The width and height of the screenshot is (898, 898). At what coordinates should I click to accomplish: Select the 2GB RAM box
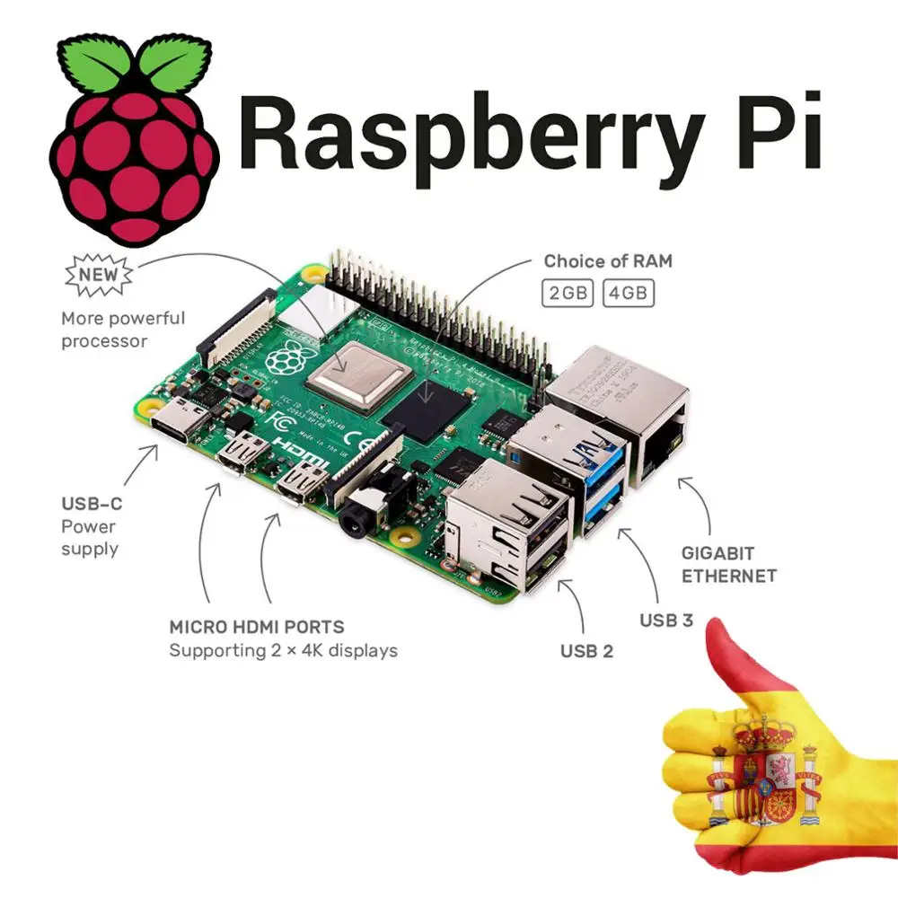pos(568,294)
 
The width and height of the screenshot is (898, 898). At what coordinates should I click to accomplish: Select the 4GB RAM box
pos(628,294)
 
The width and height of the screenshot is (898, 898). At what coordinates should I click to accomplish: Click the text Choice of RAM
pos(608,261)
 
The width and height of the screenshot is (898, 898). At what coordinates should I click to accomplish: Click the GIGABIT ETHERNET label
pos(728,565)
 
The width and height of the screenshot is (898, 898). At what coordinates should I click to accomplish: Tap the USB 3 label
pos(665,620)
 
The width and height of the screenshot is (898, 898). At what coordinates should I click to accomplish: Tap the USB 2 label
pos(586,651)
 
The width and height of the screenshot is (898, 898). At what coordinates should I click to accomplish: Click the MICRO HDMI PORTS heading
pos(256,627)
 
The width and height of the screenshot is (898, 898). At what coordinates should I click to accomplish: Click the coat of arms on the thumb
pos(767,773)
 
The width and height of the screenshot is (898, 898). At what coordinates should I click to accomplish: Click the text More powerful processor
pos(123,329)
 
